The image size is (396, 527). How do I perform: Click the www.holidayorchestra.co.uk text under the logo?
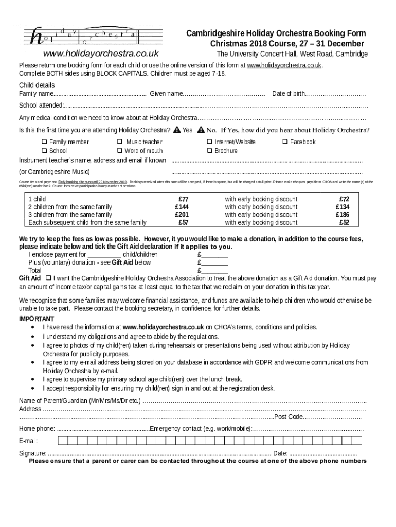tap(101, 54)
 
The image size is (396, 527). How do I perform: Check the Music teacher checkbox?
tap(120, 142)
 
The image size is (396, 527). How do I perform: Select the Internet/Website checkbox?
tap(210, 142)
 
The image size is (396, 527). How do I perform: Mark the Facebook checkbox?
tap(285, 142)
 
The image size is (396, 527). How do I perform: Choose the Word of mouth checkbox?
tap(120, 151)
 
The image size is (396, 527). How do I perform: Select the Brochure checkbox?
tap(210, 151)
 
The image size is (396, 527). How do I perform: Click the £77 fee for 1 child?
tap(183, 199)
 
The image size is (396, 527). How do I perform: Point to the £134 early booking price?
tap(343, 207)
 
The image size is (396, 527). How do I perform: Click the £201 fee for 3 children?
tap(182, 215)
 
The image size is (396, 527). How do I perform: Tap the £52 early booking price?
tap(344, 223)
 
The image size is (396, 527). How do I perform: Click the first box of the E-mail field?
tap(62, 441)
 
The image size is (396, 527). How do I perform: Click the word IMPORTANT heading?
tap(37, 319)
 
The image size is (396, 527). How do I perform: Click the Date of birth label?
tap(289, 94)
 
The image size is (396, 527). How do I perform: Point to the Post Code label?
tap(288, 417)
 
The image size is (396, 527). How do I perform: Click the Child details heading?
tap(37, 85)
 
